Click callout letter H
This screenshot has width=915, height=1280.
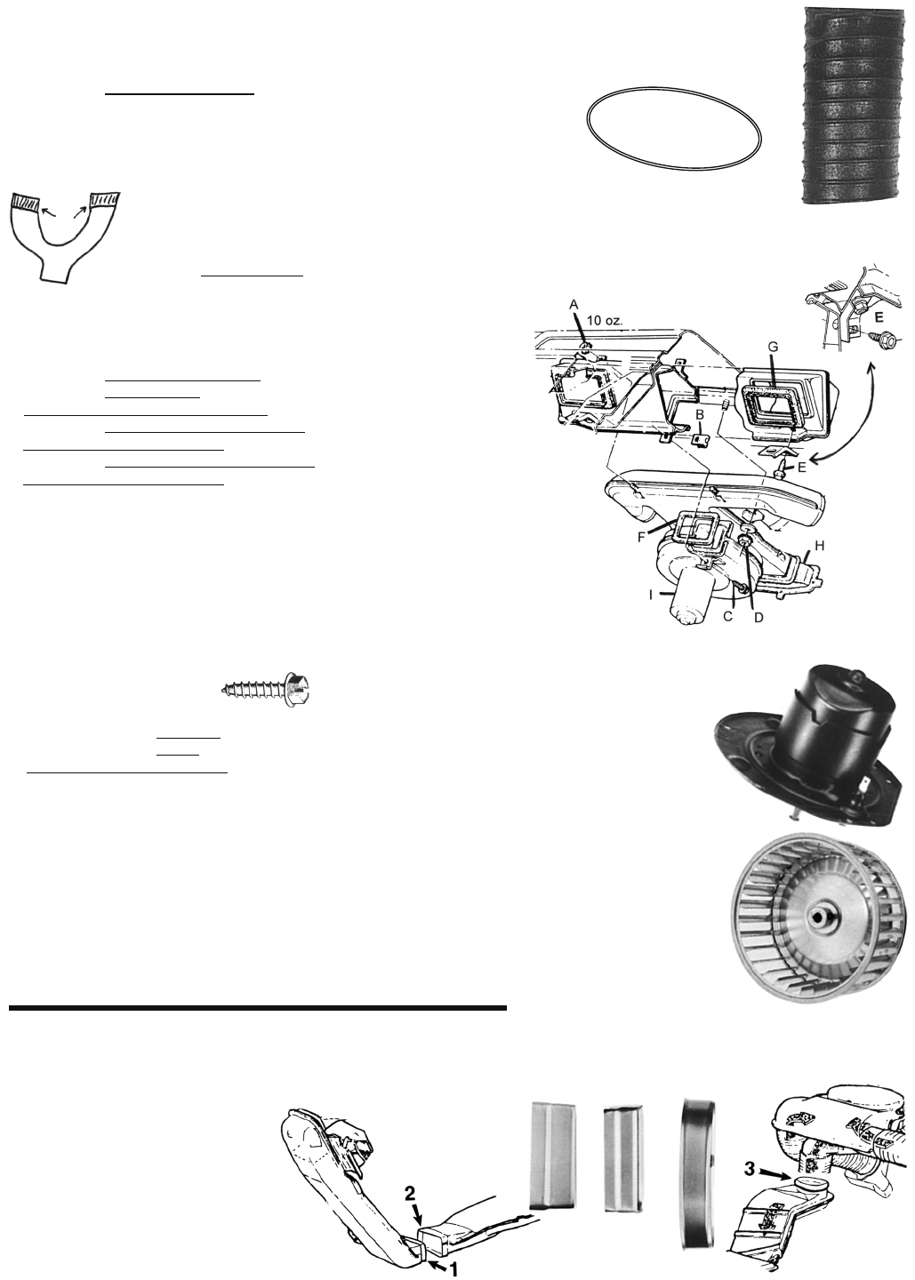coord(820,546)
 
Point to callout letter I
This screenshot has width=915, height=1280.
coord(651,595)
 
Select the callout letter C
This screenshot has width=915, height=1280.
coord(727,617)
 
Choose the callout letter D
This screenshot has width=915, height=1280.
coord(758,618)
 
